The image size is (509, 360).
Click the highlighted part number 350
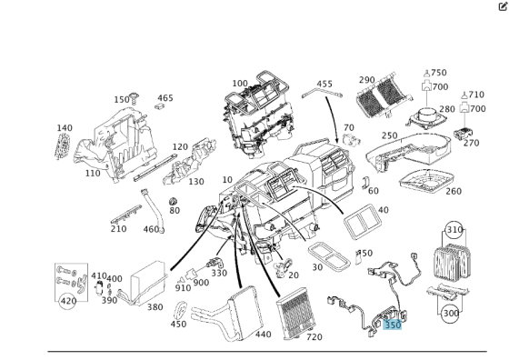point(393,325)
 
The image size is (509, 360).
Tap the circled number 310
point(454,230)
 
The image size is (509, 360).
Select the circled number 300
point(451,314)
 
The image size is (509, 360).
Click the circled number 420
point(68,301)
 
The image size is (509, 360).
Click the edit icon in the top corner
point(503,6)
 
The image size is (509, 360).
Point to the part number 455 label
point(324,84)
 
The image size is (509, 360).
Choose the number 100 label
point(240,84)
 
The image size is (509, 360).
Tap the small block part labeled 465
point(160,105)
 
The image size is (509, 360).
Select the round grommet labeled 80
point(174,201)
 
